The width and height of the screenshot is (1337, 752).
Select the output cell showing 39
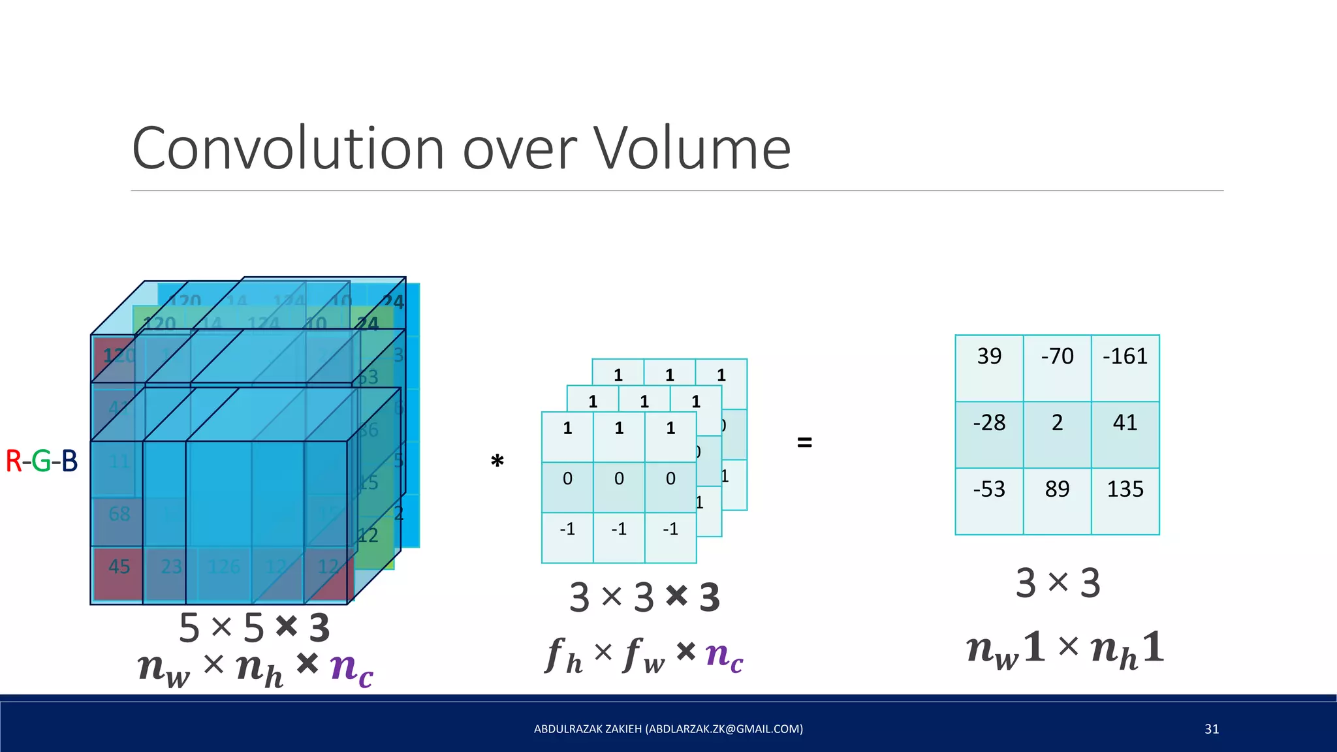tap(989, 368)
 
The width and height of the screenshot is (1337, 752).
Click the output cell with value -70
tap(1057, 368)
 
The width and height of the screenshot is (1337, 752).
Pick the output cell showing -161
tap(1125, 368)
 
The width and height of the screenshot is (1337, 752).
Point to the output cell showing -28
tap(989, 435)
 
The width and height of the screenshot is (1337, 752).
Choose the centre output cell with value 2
tap(1057, 435)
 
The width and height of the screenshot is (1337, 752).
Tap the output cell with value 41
tap(1125, 435)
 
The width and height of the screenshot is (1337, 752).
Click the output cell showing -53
tap(989, 501)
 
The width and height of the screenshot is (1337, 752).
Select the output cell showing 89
tap(1057, 501)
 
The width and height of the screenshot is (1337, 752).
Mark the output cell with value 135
tap(1125, 501)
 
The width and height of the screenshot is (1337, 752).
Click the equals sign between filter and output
tap(805, 443)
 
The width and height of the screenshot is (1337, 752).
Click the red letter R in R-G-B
tap(13, 461)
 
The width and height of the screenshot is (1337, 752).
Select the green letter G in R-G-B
tap(41, 461)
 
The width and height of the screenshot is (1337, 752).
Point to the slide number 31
tap(1212, 729)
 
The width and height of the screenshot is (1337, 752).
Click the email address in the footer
tap(724, 729)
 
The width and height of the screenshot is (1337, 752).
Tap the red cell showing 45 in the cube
tap(118, 567)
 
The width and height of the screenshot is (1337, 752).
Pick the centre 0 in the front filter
tap(619, 478)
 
